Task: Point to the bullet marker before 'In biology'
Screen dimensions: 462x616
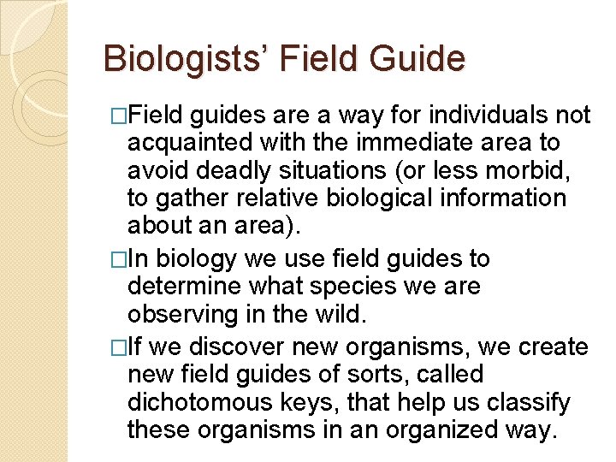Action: point(118,259)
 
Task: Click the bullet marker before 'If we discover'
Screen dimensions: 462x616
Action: point(118,347)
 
